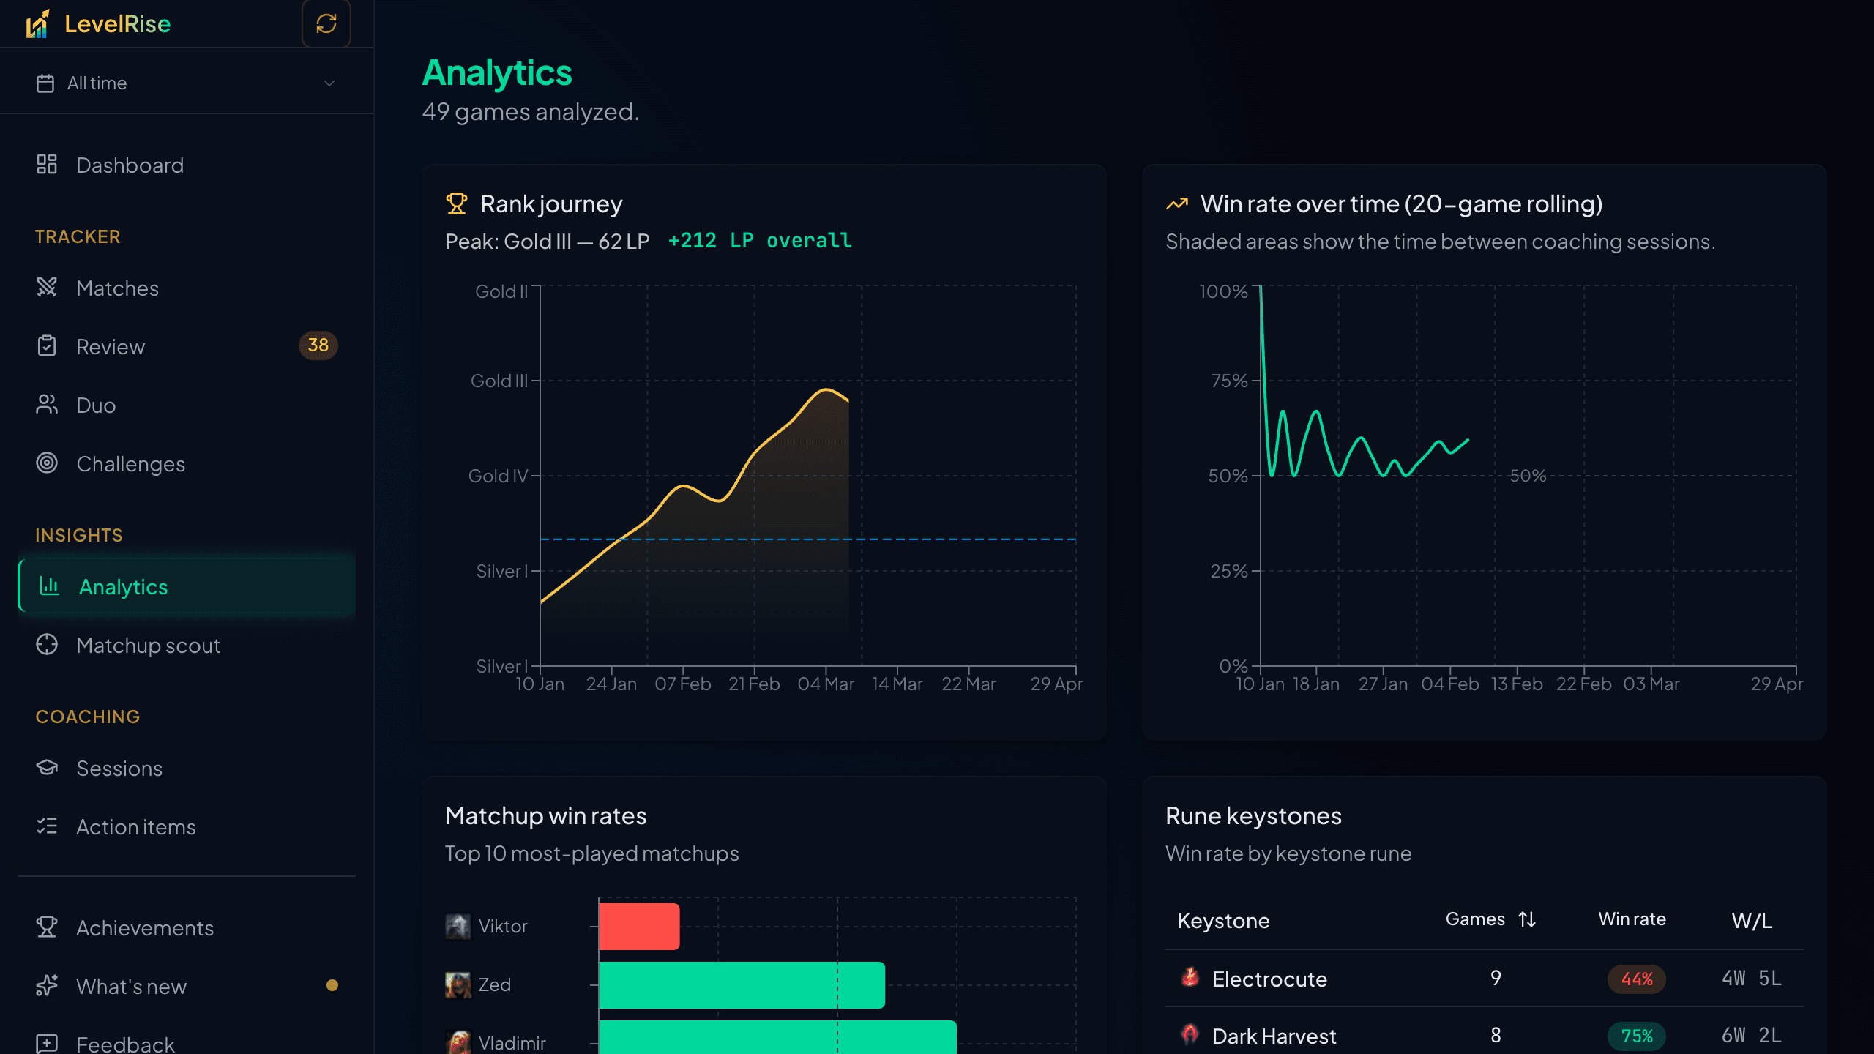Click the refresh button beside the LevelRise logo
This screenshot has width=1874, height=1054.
326,23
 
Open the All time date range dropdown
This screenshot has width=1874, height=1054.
187,83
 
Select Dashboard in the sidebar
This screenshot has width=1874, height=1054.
130,165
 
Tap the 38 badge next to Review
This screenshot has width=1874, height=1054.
318,345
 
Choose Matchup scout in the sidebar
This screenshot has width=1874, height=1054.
148,646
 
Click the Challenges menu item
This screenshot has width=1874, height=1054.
130,464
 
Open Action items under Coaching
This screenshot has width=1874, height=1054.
135,827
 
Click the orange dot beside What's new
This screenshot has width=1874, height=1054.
332,985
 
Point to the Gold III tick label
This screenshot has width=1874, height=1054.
499,381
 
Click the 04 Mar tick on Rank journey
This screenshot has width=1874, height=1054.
826,684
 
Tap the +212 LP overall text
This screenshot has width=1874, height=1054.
760,241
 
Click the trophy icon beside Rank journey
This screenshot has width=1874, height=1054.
456,203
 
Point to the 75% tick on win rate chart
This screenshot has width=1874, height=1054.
1229,381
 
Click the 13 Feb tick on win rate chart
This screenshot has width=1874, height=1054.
1517,684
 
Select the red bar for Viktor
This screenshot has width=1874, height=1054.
639,927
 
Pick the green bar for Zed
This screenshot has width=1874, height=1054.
742,985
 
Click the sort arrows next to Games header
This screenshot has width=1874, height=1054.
1527,919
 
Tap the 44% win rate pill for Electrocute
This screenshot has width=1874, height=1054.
1637,979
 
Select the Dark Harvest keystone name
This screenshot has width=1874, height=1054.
1274,1036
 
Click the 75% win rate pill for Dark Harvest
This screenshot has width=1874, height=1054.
1637,1036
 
